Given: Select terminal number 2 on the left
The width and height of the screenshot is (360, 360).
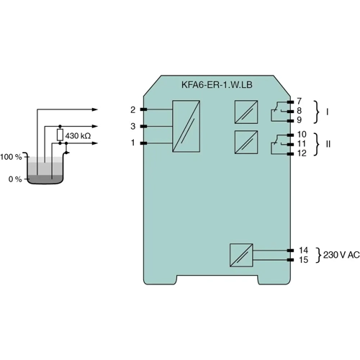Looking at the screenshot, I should [133, 109].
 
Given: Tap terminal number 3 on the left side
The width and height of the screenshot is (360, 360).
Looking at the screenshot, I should [133, 126].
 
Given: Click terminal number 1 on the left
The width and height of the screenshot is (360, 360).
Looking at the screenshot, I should [133, 143].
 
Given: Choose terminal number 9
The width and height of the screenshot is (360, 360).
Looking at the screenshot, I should [300, 120].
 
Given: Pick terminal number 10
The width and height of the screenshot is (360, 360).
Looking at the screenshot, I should [302, 134].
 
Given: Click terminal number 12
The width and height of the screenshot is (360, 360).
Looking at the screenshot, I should [302, 153].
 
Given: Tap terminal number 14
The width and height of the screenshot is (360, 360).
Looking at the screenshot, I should [302, 250].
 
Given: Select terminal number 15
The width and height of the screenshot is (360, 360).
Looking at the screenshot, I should [302, 259].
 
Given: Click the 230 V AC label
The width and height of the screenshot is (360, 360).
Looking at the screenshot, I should [341, 255].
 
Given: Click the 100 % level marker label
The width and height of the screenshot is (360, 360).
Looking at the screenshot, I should [12, 156].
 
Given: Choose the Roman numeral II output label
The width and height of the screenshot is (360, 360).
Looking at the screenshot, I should [328, 144].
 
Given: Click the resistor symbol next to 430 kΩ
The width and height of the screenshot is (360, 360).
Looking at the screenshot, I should [60, 135].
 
